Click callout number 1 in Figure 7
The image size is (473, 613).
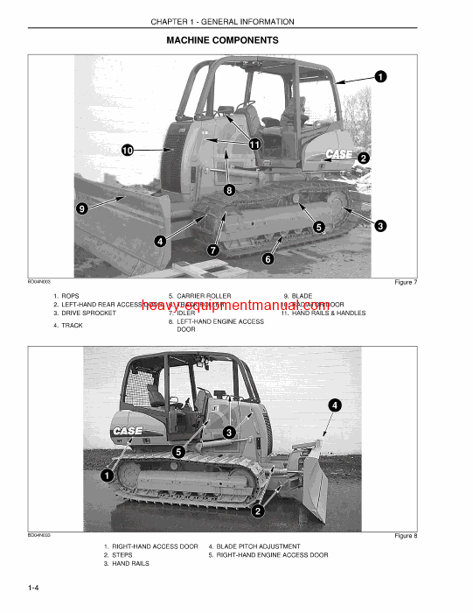click(380, 77)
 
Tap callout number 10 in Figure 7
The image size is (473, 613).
click(128, 151)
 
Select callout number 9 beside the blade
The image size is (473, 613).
click(81, 208)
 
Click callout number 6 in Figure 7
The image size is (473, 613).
click(268, 258)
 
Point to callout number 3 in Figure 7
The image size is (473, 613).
click(380, 226)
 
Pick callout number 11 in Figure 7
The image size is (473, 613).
click(254, 144)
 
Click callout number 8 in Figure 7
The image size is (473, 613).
click(229, 189)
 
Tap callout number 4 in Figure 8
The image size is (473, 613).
click(335, 405)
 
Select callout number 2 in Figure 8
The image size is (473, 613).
click(258, 511)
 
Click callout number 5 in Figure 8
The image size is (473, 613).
click(177, 452)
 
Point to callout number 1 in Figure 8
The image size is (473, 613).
click(106, 476)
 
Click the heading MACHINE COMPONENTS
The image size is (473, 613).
click(222, 40)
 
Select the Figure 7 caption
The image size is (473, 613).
click(405, 282)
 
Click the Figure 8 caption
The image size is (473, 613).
click(405, 535)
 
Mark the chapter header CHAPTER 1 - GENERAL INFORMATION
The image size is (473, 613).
click(222, 19)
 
